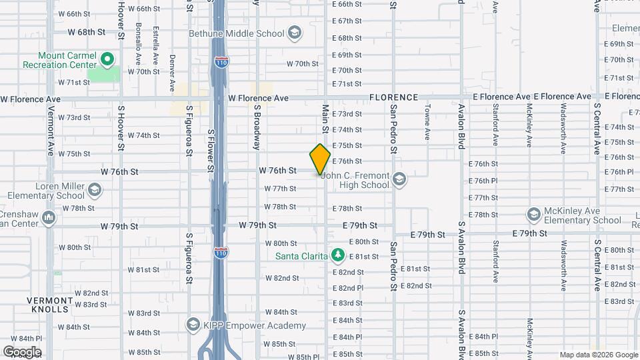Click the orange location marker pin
[320, 159]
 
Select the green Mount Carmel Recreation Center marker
[107, 60]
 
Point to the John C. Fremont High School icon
[399, 179]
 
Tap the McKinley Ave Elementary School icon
[533, 215]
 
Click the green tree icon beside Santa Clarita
[338, 256]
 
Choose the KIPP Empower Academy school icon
[193, 325]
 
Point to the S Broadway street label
[256, 127]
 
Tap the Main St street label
[325, 117]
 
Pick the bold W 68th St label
[87, 31]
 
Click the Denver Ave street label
[172, 68]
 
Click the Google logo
[22, 352]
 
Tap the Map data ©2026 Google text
[597, 355]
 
